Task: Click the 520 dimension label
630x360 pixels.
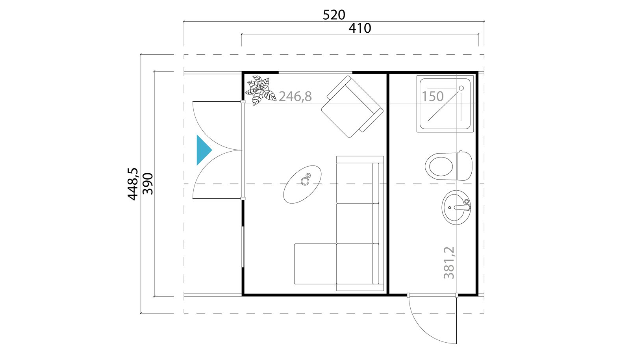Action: click(334, 15)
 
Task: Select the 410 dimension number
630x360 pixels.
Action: click(360, 28)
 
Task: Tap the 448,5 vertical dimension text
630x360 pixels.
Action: click(133, 184)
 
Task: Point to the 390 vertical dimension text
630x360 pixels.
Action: click(148, 184)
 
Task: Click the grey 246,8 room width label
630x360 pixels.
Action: click(295, 96)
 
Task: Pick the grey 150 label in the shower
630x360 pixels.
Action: click(433, 96)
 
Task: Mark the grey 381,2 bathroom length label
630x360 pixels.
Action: click(449, 263)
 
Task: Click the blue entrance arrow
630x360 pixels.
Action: click(204, 150)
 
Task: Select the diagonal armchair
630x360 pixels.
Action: click(352, 107)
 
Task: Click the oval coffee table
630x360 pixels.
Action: click(302, 184)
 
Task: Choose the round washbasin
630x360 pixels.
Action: click(456, 207)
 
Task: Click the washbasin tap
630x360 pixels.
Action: click(462, 207)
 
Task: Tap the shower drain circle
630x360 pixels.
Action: click(461, 88)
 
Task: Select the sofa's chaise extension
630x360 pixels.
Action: click(315, 264)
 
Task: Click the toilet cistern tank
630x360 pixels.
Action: click(465, 166)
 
